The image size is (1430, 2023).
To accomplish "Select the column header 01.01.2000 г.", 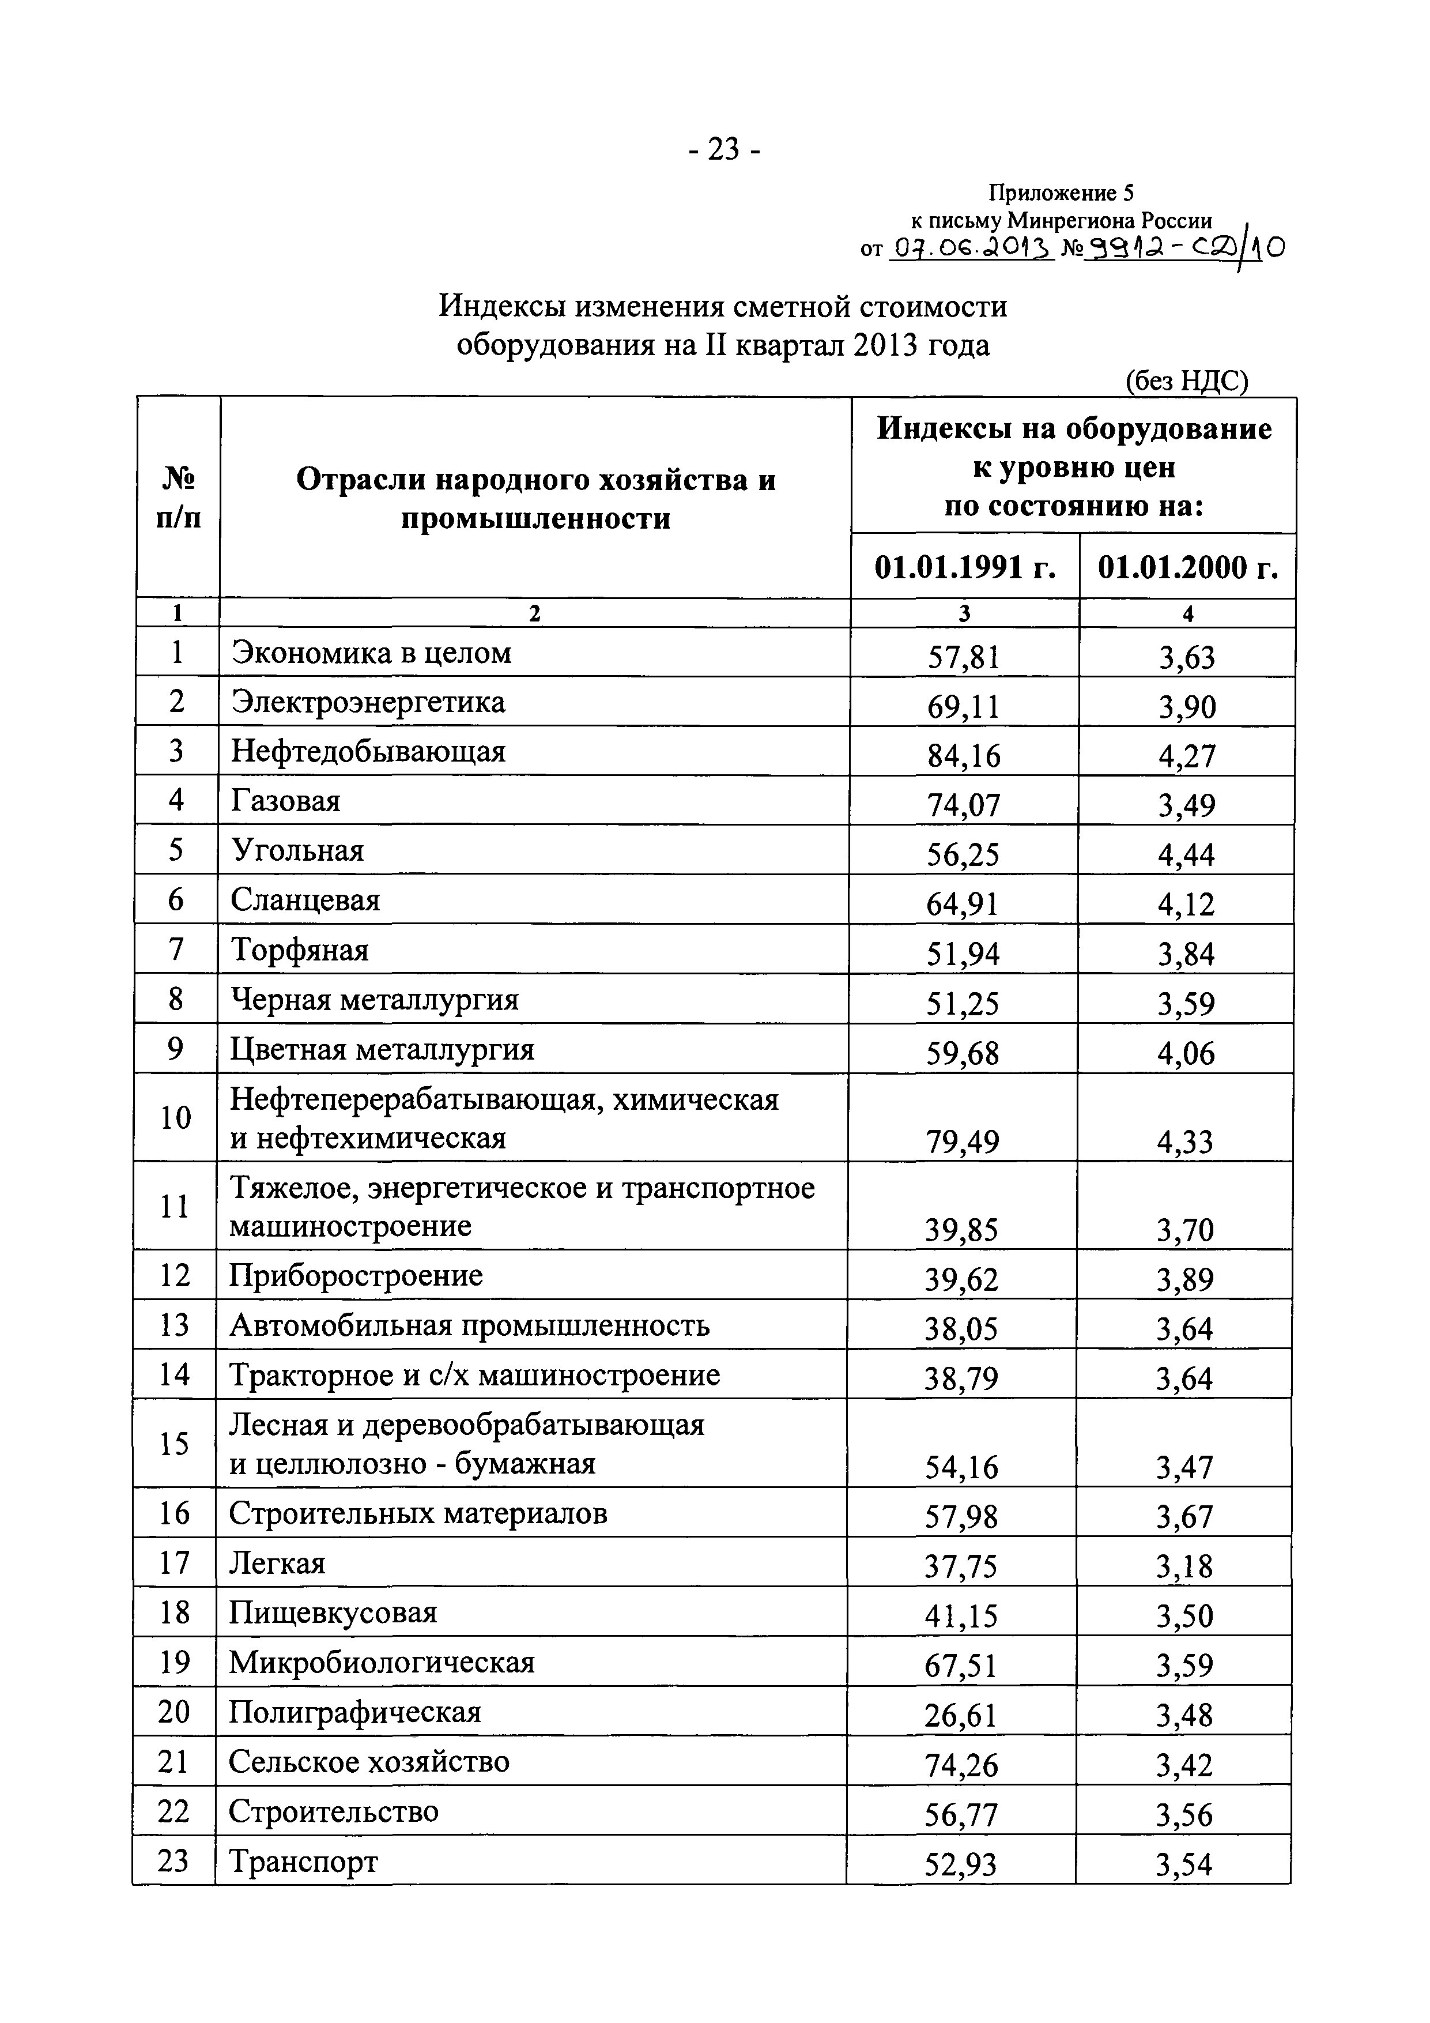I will [1187, 567].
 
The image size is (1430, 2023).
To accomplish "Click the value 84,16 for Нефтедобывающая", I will [963, 755].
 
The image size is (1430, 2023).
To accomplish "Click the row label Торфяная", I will [300, 950].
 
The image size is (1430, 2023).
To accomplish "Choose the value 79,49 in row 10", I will [962, 1142].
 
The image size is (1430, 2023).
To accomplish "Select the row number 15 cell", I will [175, 1443].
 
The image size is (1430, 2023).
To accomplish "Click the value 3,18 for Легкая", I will [1184, 1566].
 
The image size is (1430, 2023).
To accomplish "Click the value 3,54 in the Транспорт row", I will [1183, 1864].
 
